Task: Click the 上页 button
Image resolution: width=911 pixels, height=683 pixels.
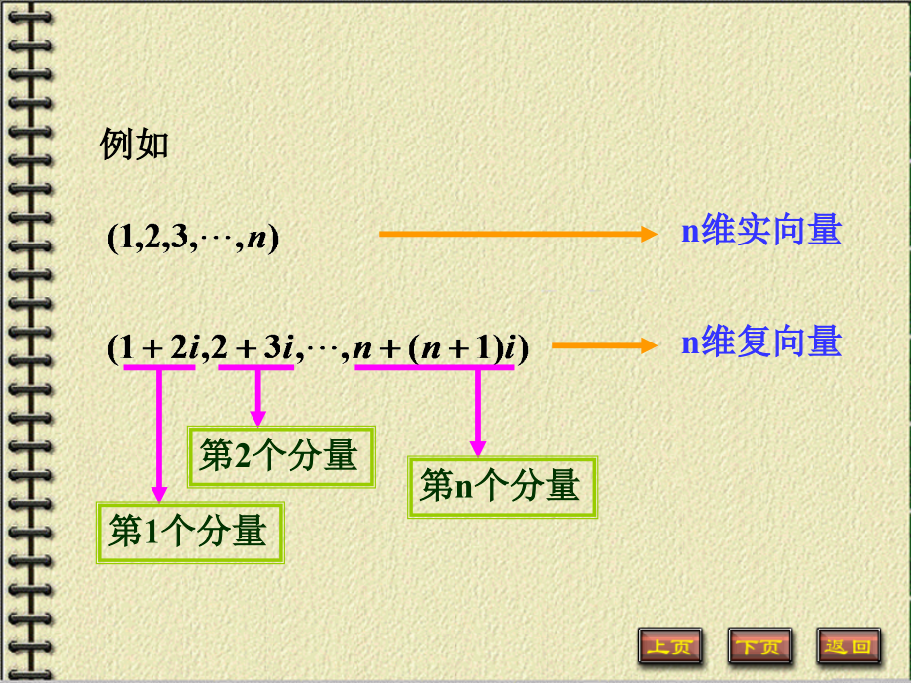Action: click(x=669, y=646)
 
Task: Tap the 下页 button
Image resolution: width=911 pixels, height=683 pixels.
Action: click(x=759, y=646)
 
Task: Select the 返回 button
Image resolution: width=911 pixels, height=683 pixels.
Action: click(x=849, y=646)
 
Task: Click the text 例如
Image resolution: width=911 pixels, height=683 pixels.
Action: click(x=136, y=145)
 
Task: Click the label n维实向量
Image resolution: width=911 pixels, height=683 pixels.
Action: click(x=761, y=231)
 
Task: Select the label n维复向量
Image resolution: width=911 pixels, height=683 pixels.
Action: click(x=761, y=342)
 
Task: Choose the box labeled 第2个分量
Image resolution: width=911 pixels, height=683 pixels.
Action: click(x=281, y=456)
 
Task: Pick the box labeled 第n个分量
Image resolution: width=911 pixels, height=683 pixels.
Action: click(x=502, y=486)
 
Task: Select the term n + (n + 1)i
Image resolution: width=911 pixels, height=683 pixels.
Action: click(x=436, y=348)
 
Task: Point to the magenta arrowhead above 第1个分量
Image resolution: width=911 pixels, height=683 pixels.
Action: click(x=158, y=492)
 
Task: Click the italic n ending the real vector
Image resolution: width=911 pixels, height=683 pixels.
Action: click(x=257, y=239)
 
